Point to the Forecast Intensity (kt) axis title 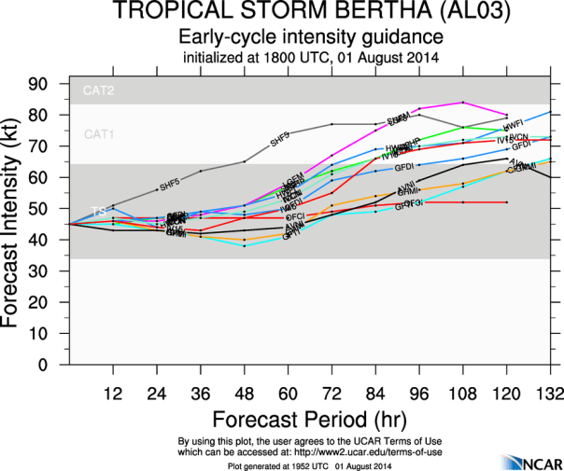(x=13, y=224)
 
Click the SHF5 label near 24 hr (x=170, y=186)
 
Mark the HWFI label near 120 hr (x=512, y=125)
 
